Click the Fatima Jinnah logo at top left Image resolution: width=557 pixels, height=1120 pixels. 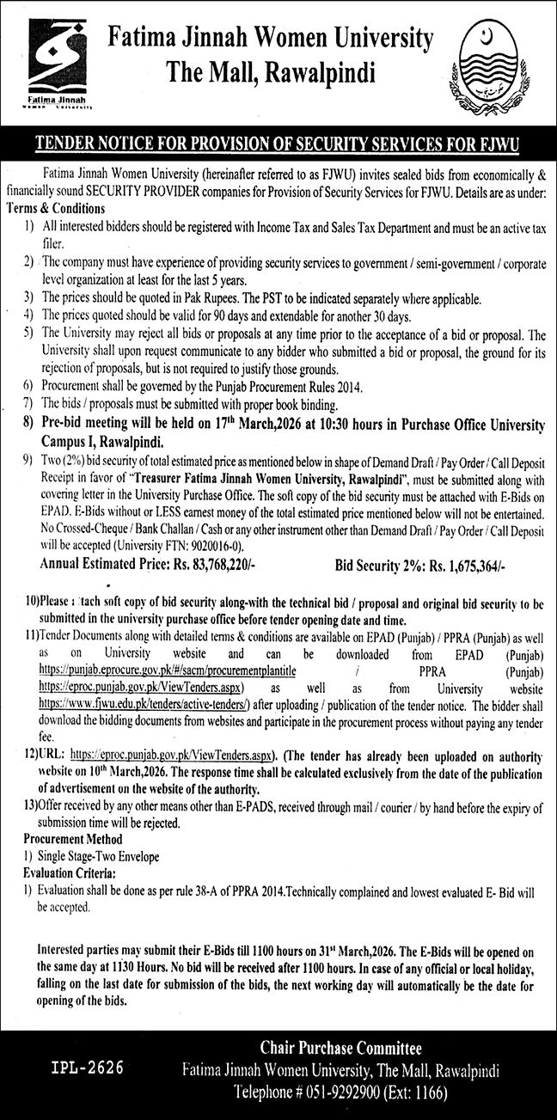51,64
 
